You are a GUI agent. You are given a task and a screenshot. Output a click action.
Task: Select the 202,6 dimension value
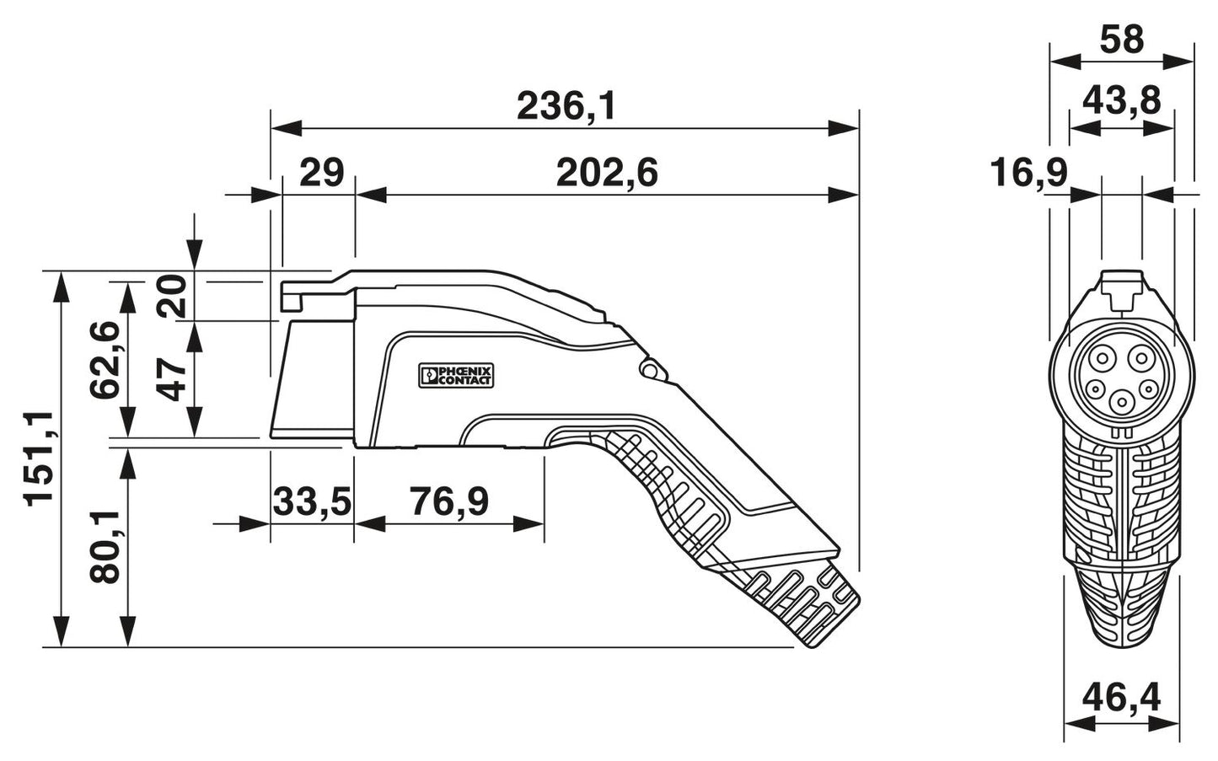(606, 174)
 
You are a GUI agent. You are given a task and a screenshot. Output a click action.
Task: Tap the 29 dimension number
(322, 174)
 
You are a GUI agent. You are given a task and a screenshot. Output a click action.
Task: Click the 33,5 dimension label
(311, 502)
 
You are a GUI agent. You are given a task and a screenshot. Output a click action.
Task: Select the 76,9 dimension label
(448, 502)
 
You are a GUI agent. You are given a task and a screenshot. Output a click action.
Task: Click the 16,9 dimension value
(1028, 174)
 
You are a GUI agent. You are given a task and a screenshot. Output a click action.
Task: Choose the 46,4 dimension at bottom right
(1121, 698)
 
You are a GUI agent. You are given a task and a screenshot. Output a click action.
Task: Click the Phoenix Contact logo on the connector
(456, 376)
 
